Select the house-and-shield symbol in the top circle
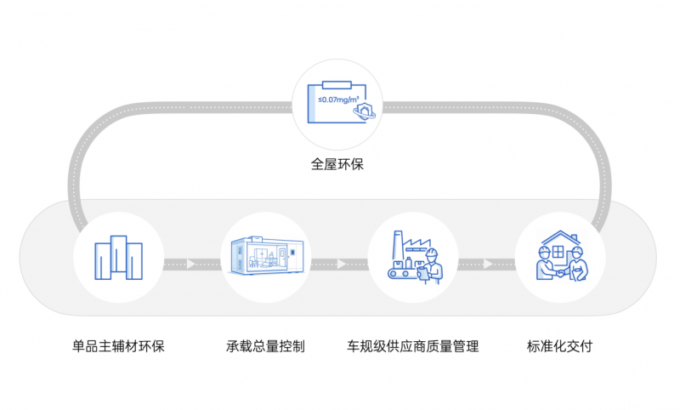[365, 113]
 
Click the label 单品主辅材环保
[118, 346]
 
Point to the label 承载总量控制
[265, 346]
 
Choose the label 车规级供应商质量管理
[412, 346]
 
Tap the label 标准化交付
[559, 346]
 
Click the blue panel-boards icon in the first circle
[118, 257]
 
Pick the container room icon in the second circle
[265, 256]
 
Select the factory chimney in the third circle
[394, 246]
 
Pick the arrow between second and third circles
[340, 264]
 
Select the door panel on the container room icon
[293, 254]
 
